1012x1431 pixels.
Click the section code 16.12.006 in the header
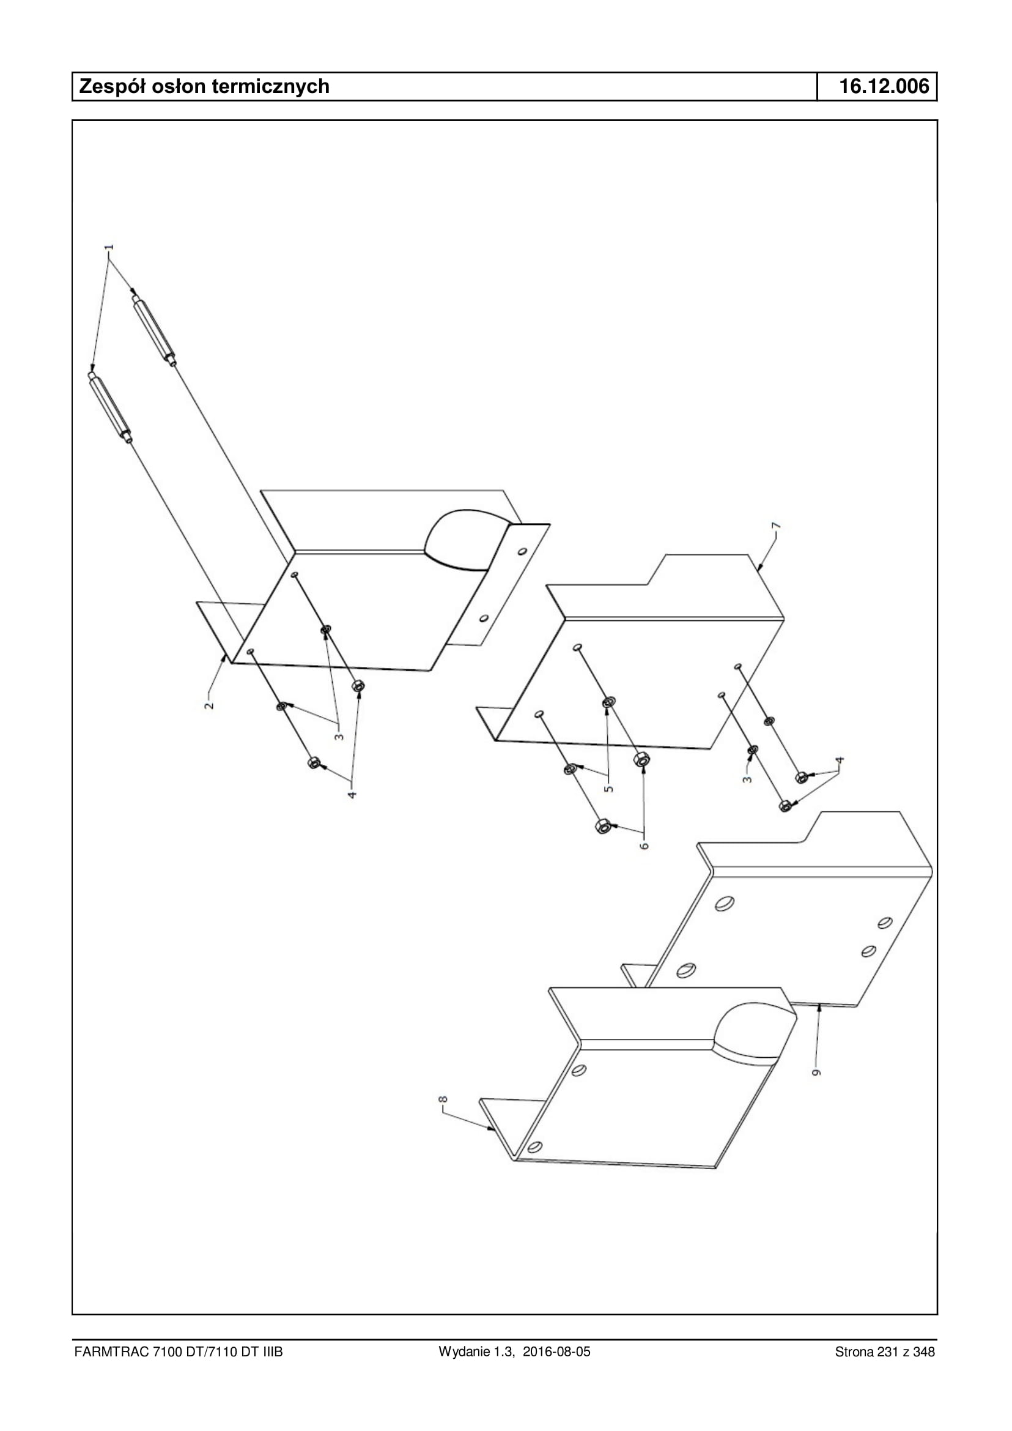click(x=884, y=86)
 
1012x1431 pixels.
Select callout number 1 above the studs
click(x=110, y=248)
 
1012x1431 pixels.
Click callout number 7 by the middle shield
click(x=776, y=526)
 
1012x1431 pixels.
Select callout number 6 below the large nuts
click(x=645, y=846)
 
